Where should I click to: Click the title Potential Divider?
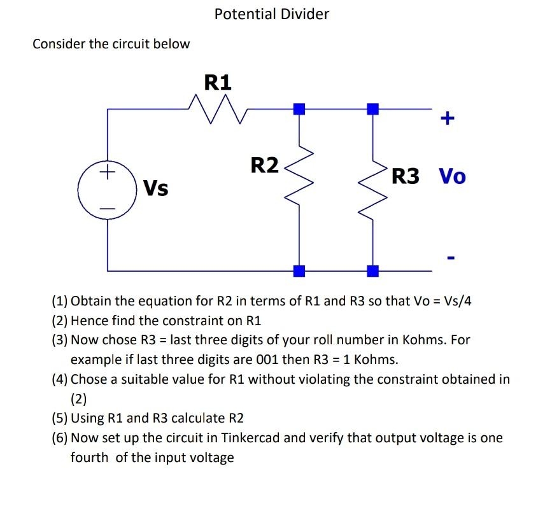(272, 14)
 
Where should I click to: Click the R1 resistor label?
(218, 82)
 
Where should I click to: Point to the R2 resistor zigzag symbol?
(299, 178)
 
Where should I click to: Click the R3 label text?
(406, 176)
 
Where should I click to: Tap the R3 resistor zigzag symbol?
(374, 185)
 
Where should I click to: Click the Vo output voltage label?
(452, 176)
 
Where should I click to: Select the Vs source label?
(155, 188)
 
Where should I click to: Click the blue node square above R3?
(374, 109)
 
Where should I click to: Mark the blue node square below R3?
(374, 271)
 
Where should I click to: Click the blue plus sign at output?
(448, 118)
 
